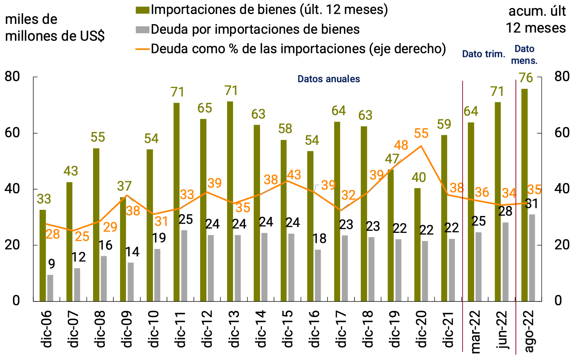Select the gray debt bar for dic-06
coord(50,288)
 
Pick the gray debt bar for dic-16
coord(318,275)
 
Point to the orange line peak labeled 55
coord(421,146)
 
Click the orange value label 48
coord(401,145)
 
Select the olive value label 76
coord(526,78)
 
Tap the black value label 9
coord(52,264)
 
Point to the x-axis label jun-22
coord(502,330)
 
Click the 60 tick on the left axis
coord(12,133)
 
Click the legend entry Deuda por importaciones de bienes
coord(255,29)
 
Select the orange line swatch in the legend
coord(143,49)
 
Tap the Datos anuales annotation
coord(329,79)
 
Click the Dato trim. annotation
coord(483,54)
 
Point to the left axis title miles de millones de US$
coord(55,28)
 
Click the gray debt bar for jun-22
coord(505,261)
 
